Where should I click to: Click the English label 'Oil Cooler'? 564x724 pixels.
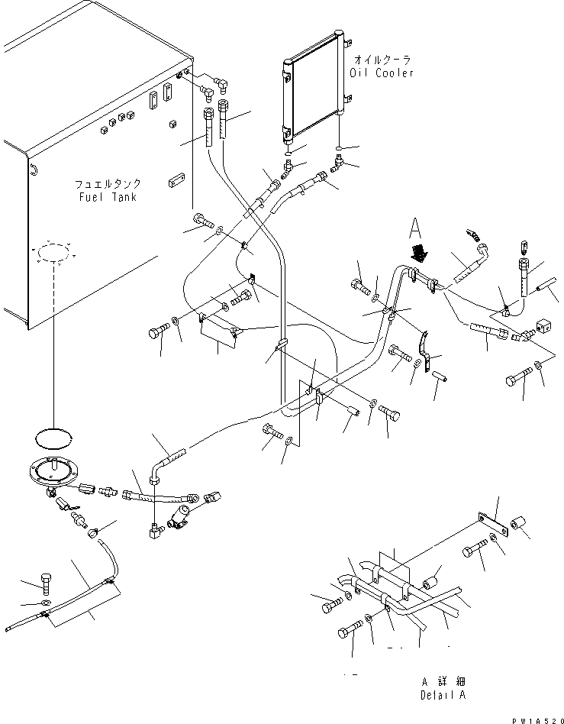[382, 73]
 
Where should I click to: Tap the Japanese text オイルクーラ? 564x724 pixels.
[382, 59]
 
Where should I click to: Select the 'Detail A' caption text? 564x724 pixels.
[442, 694]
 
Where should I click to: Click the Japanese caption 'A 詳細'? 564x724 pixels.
[442, 680]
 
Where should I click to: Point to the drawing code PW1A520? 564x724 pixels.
[535, 717]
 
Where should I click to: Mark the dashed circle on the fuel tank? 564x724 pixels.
[53, 254]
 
